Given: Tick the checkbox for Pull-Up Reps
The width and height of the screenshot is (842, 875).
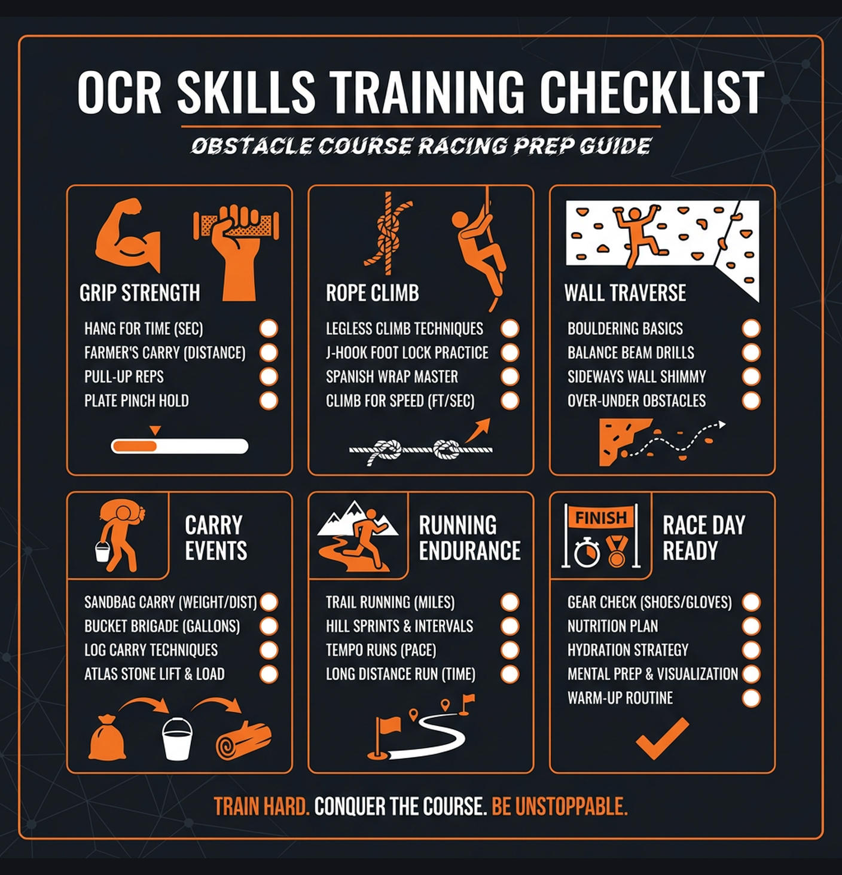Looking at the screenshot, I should coord(269,377).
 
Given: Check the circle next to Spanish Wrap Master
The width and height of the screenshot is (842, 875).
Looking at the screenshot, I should coord(510,377).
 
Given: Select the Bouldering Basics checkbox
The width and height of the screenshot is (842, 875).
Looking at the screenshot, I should coord(751,328).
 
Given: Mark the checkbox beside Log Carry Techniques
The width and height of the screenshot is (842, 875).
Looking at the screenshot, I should coord(269,650).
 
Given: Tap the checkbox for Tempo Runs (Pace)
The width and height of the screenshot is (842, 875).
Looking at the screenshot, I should coord(510,650).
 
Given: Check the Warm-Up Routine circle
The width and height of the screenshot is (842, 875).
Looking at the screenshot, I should coord(751,697).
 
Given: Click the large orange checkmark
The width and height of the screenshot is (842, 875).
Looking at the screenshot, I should coord(661,739).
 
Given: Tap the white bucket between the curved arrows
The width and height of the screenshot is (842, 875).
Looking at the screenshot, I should coord(178,739).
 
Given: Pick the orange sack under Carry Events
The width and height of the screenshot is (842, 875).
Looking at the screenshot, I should coord(107,738).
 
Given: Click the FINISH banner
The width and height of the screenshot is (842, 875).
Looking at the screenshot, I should coord(600,518).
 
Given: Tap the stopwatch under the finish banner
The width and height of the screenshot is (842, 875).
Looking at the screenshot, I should coord(587,552).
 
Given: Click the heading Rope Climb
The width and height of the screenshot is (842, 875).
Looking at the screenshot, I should coord(372,293).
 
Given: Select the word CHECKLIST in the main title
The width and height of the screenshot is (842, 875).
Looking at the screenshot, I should coord(651,92).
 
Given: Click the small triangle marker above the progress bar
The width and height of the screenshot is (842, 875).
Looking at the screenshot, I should coord(155,430).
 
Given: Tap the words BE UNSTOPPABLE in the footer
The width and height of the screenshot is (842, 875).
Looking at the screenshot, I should coord(559,807).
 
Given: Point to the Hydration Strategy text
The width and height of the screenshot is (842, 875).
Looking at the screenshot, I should coord(627,650).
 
